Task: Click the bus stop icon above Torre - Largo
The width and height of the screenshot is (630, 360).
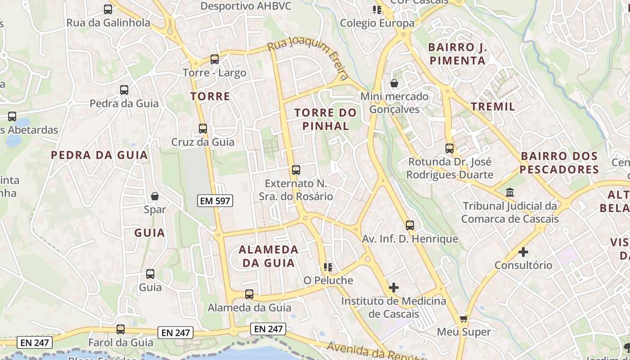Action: click(x=215, y=59)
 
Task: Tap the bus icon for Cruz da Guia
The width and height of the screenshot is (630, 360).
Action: click(x=203, y=129)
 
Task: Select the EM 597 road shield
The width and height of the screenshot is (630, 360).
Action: click(x=216, y=201)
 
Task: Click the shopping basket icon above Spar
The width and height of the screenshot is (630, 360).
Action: click(x=155, y=196)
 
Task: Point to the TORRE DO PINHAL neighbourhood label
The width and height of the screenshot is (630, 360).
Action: click(x=326, y=119)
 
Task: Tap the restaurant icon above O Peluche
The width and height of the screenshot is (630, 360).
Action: click(x=328, y=267)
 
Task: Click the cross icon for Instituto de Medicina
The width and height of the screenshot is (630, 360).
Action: click(x=394, y=287)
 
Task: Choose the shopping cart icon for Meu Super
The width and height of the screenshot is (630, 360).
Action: click(x=463, y=319)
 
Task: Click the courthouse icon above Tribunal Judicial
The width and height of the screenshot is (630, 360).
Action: click(x=510, y=193)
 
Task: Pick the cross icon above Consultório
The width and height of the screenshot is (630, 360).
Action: click(x=523, y=252)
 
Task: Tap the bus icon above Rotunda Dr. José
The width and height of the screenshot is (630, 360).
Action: click(x=450, y=148)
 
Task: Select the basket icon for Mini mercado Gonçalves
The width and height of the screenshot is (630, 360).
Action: click(x=394, y=83)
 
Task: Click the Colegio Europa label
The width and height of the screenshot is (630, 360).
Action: click(x=377, y=23)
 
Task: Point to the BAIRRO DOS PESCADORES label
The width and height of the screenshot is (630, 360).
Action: click(x=559, y=163)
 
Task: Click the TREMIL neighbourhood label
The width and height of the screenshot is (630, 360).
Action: click(x=493, y=107)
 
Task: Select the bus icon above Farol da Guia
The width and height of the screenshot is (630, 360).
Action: click(x=121, y=329)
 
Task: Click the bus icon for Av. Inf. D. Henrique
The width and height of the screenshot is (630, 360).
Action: click(x=410, y=225)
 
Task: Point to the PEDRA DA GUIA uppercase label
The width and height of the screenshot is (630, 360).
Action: click(x=99, y=155)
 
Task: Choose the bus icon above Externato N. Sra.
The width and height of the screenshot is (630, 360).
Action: click(x=296, y=170)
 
